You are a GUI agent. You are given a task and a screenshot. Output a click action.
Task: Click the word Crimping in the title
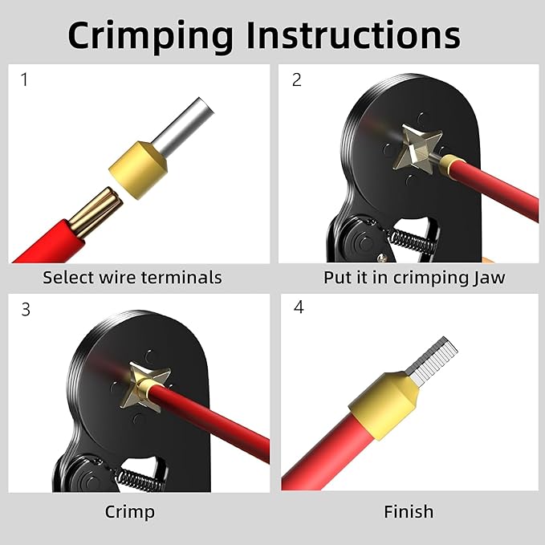point(151,35)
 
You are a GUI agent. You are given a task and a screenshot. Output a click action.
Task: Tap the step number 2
point(296,79)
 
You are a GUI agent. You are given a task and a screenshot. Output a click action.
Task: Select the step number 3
point(25,309)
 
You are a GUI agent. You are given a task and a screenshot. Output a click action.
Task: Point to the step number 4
point(299,308)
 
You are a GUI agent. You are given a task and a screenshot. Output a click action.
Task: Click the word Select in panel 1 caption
point(67,278)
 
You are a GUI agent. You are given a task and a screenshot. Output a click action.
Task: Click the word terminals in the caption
point(181,278)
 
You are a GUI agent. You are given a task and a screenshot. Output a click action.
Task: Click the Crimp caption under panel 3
point(130,511)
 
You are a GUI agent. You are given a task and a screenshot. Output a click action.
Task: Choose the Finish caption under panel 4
point(409,511)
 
